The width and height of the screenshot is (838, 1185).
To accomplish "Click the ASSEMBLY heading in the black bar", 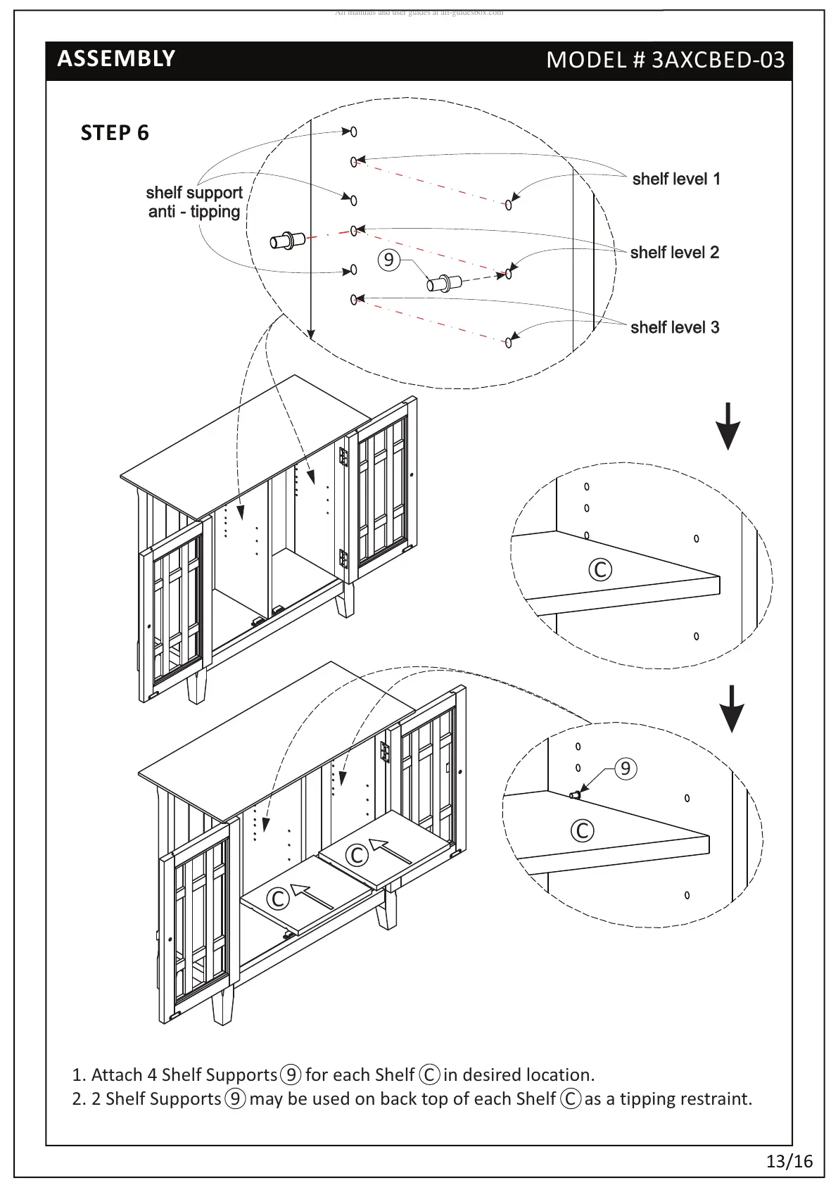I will pyautogui.click(x=116, y=58).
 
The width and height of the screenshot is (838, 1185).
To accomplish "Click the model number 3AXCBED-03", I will pyautogui.click(x=665, y=60).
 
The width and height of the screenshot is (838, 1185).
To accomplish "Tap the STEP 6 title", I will pyautogui.click(x=115, y=133).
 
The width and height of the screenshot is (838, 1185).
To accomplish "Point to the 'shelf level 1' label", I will pyautogui.click(x=675, y=179).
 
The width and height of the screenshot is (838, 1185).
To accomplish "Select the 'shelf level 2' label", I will pyautogui.click(x=674, y=253).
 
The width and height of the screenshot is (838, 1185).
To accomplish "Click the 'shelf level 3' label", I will pyautogui.click(x=674, y=327).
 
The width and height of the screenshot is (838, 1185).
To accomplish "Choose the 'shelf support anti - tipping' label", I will pyautogui.click(x=194, y=202).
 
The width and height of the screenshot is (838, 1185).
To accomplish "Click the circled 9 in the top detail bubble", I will pyautogui.click(x=388, y=260).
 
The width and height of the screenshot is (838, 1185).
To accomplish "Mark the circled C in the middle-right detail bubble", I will pyautogui.click(x=600, y=569).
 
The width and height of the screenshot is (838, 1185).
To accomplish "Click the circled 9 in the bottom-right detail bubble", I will pyautogui.click(x=626, y=768).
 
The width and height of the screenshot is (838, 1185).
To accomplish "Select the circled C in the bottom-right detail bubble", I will pyautogui.click(x=582, y=830).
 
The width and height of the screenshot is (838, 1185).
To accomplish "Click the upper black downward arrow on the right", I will pyautogui.click(x=729, y=426).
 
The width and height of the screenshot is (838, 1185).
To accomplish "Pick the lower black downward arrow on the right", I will pyautogui.click(x=732, y=709).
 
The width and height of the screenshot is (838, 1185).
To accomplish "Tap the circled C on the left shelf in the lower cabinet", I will pyautogui.click(x=278, y=898).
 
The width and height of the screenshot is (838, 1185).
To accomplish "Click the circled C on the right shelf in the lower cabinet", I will pyautogui.click(x=357, y=855).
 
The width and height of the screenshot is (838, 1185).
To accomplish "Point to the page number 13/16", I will pyautogui.click(x=789, y=1161).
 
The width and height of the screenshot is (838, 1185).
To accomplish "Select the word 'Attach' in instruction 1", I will pyautogui.click(x=117, y=1075).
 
